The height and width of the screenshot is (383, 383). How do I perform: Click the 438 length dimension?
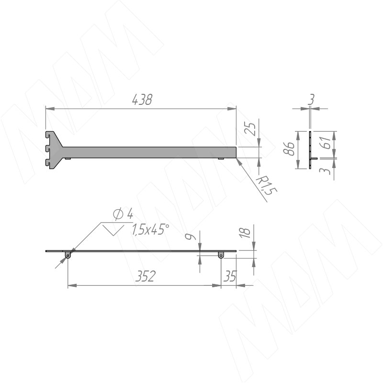pyautogui.click(x=142, y=100)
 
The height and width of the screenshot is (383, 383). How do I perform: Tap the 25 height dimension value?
pyautogui.click(x=250, y=129)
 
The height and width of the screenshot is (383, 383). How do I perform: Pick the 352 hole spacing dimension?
pyautogui.click(x=146, y=276)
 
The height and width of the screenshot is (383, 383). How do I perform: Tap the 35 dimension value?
pyautogui.click(x=230, y=276)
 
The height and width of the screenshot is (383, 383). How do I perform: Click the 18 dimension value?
pyautogui.click(x=245, y=233)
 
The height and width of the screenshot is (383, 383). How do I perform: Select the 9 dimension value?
pyautogui.click(x=190, y=237)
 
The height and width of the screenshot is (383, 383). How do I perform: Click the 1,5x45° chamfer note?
pyautogui.click(x=150, y=230)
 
